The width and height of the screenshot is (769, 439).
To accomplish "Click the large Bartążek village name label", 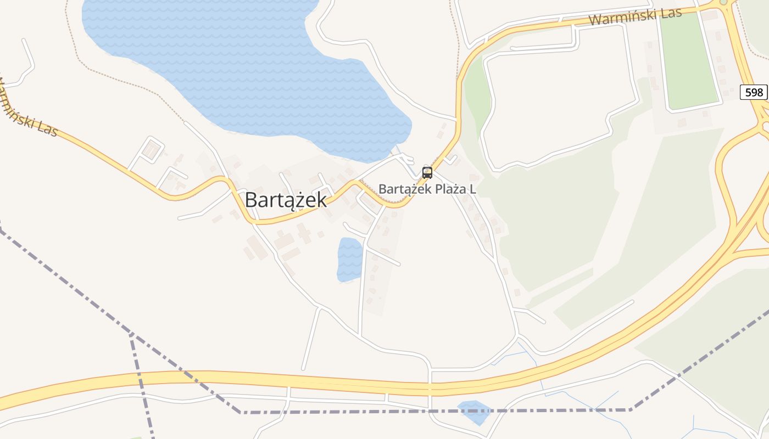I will click(286, 200).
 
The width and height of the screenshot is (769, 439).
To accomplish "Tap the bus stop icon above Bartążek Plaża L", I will click(427, 173).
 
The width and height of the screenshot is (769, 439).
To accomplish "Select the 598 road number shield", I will click(754, 92).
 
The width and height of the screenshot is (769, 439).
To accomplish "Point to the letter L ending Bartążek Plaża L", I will click(472, 190).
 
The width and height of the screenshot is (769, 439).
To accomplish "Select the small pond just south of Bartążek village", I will click(350, 259).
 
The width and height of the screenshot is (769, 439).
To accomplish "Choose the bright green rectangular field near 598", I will click(689, 60).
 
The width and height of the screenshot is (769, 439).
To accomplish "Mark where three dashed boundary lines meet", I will click(131, 334).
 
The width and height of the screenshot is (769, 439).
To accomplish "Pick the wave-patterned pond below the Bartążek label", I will click(350, 259).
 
